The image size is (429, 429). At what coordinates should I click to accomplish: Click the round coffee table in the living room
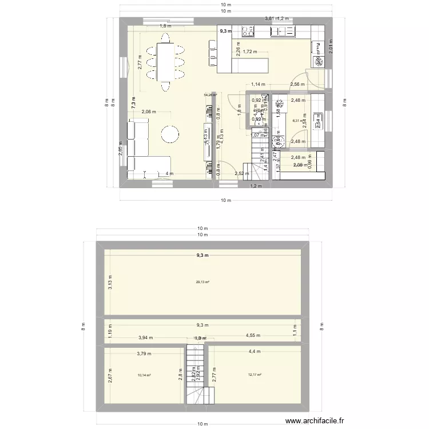tap(170, 134)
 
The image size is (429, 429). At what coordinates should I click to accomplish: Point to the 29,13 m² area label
tap(202, 282)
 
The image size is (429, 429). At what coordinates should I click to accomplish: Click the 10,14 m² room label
tap(144, 376)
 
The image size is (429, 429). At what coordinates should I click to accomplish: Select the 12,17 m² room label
tap(255, 375)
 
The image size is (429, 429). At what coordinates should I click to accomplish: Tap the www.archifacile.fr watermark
tap(315, 420)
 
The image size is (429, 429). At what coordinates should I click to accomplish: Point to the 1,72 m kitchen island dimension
tap(251, 52)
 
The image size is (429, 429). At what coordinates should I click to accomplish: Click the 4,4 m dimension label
tap(254, 352)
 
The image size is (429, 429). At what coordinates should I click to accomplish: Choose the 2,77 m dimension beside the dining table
tap(139, 61)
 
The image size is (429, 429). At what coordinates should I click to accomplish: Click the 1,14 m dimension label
tap(259, 85)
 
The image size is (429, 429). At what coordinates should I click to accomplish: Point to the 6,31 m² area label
tap(297, 121)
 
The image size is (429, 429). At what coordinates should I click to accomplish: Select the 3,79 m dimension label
tap(145, 353)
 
